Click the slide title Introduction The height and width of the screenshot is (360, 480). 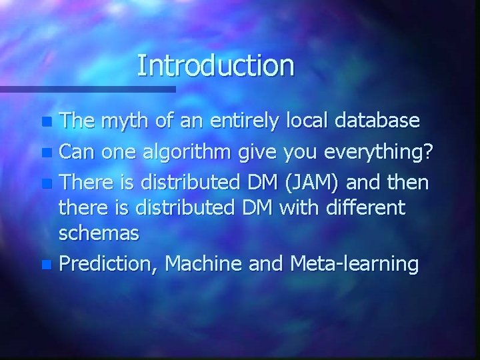215,65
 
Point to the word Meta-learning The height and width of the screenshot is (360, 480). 354,264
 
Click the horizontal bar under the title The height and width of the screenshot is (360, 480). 87,88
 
